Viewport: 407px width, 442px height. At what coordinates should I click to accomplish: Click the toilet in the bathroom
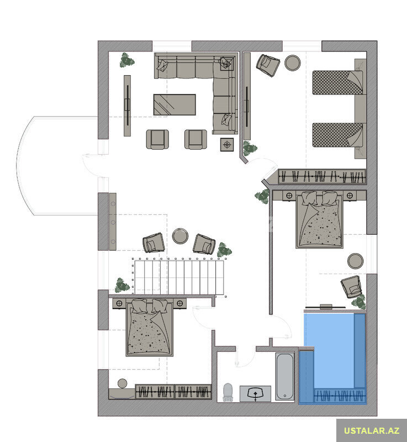click(x=228, y=392)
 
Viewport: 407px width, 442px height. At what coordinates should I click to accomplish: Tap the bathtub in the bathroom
click(x=284, y=376)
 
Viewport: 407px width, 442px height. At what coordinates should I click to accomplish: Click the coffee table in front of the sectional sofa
click(x=175, y=104)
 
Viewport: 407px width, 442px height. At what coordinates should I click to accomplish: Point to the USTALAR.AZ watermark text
click(x=372, y=430)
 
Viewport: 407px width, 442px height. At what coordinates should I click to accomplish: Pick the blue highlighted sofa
click(x=332, y=358)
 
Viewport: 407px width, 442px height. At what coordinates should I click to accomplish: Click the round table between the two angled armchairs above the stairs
click(x=180, y=236)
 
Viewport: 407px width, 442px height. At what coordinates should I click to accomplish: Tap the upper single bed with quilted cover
click(x=337, y=82)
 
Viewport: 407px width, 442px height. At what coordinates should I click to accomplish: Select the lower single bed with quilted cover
click(x=337, y=134)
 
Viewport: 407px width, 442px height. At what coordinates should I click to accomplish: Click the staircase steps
click(x=179, y=277)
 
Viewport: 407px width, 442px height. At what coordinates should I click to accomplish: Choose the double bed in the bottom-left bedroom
click(x=149, y=328)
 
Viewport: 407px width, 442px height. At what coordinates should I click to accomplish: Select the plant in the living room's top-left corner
click(x=127, y=60)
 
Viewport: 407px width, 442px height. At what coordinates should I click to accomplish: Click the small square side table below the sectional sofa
click(x=227, y=145)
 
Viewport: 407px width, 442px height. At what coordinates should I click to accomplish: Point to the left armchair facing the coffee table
click(x=157, y=139)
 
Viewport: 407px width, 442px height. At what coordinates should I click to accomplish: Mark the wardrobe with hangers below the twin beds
click(x=321, y=176)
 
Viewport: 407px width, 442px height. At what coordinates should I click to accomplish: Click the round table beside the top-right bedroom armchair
click(x=292, y=62)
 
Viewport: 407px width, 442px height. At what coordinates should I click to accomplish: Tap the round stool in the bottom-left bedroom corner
click(x=123, y=383)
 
